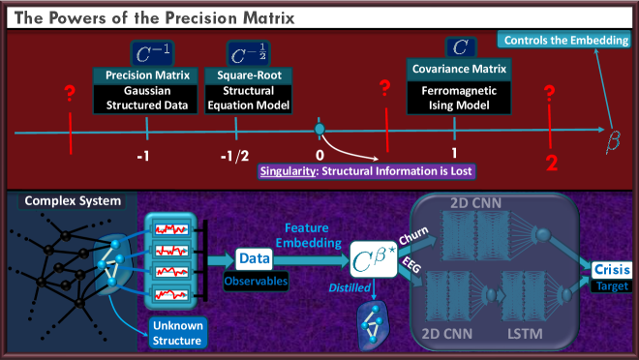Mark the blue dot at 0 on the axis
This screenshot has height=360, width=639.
pos(319,129)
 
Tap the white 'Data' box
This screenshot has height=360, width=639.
pos(258,258)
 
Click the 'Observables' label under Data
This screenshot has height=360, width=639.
pos(258,281)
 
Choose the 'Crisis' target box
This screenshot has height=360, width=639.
pos(612,271)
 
